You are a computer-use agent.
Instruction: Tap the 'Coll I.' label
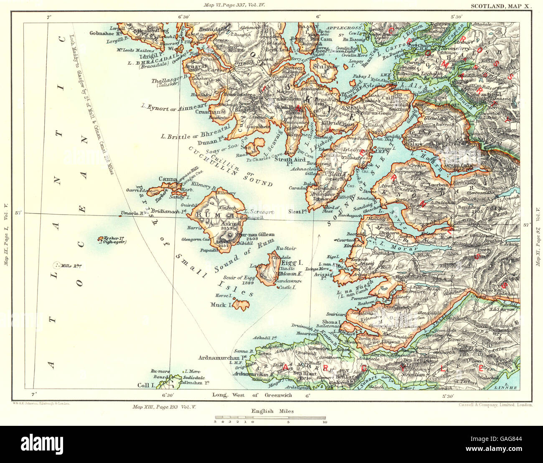[147, 385]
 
